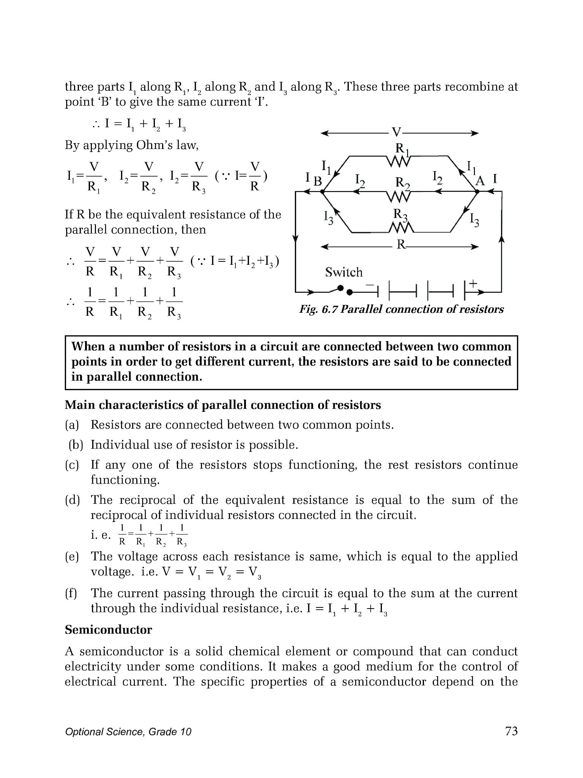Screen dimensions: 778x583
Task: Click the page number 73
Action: pos(511,731)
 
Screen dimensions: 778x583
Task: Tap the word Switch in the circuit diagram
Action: pos(343,272)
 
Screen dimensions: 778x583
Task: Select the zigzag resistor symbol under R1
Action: pos(399,162)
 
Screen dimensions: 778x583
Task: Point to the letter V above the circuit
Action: pos(396,133)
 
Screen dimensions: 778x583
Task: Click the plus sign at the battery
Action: pos(473,283)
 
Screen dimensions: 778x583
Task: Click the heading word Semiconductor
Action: pos(108,629)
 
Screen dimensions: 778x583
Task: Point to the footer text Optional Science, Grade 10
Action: pos(128,732)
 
